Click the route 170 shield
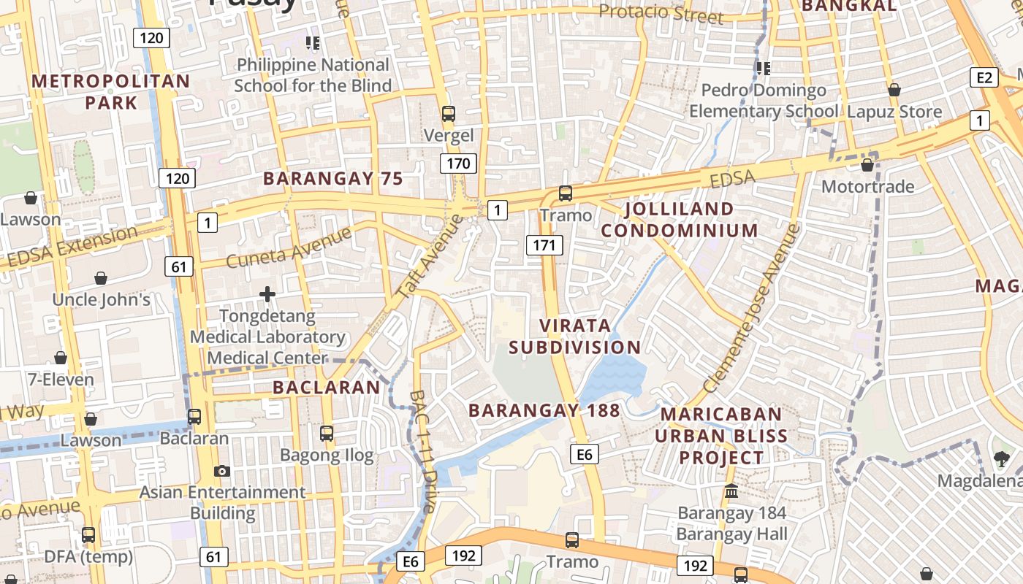click(458, 164)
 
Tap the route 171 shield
click(544, 245)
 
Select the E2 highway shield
click(984, 78)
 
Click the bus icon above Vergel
click(449, 114)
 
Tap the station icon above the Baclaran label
click(194, 417)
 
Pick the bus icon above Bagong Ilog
click(327, 434)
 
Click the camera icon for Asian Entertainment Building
click(222, 472)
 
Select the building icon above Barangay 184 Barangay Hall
click(731, 491)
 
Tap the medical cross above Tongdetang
click(267, 294)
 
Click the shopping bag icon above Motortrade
click(867, 166)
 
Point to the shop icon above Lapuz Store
click(894, 91)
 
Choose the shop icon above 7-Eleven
click(61, 358)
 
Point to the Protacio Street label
click(661, 13)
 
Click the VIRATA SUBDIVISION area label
click(575, 336)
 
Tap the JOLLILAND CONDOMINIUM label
click(680, 220)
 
